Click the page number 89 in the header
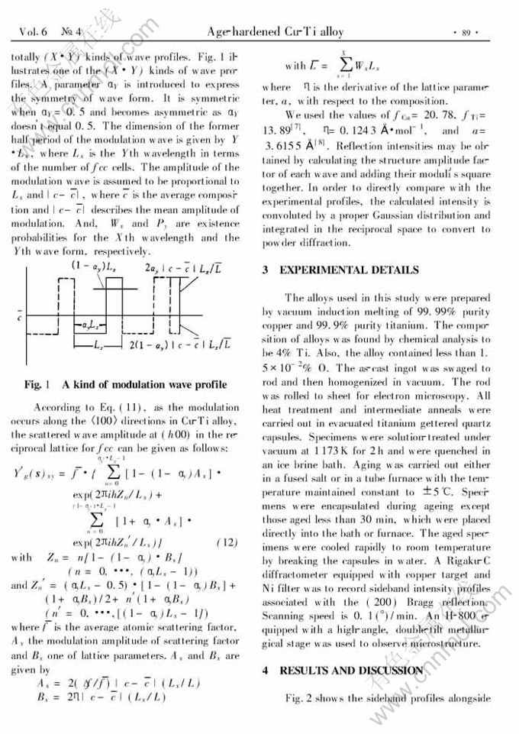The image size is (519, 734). point(466,33)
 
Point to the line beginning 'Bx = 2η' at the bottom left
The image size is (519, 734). point(99,697)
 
